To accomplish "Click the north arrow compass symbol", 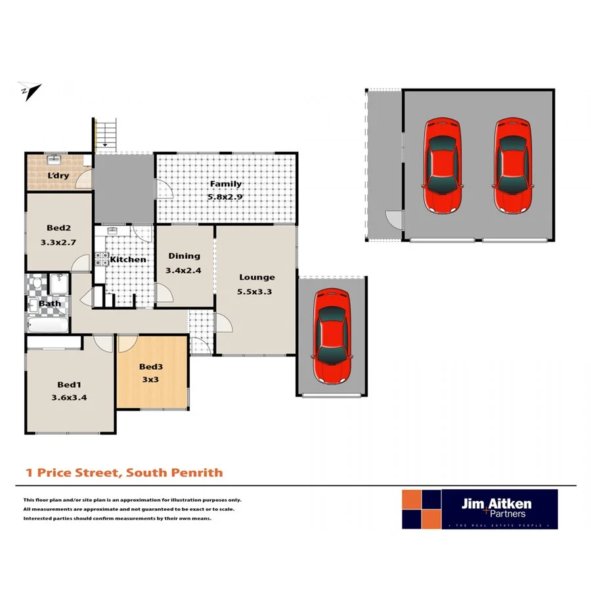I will [30, 91].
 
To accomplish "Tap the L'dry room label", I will [58, 176].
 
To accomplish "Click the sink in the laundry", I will [55, 160].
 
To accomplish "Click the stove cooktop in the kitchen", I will [101, 259].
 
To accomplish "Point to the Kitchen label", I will [128, 259].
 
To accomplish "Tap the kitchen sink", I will [112, 230].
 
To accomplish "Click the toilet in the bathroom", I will [37, 284].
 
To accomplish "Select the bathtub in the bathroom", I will [47, 324].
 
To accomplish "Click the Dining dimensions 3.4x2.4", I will [184, 270].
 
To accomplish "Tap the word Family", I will [225, 184].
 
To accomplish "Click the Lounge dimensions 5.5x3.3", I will [255, 292].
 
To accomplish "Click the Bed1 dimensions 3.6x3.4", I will [69, 397].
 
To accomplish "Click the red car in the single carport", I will [332, 336].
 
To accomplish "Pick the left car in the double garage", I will [443, 165].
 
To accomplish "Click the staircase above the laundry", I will [105, 135].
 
